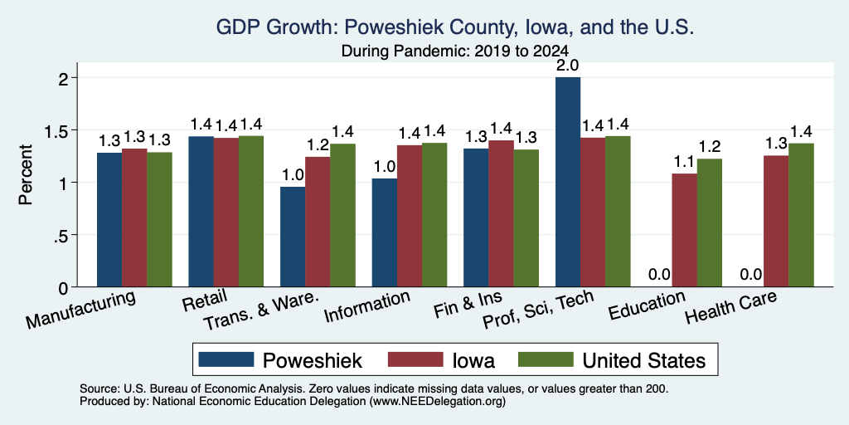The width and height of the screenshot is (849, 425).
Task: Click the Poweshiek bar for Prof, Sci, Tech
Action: pos(567,182)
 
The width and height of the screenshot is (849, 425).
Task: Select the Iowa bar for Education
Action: pos(684,230)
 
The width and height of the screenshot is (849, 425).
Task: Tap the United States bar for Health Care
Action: pos(802,215)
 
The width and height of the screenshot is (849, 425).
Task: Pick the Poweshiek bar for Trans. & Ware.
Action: pos(293,237)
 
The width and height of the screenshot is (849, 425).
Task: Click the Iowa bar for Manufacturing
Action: pos(134,217)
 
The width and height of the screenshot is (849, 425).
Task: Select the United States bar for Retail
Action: pos(251,211)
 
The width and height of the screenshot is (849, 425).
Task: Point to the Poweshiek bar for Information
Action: pos(385,232)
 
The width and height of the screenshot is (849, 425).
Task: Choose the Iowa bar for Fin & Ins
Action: pos(501,213)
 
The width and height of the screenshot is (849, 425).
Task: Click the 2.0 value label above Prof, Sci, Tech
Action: pos(567,66)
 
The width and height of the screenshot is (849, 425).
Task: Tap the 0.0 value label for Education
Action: pos(659,274)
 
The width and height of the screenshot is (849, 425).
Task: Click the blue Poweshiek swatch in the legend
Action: pos(226,359)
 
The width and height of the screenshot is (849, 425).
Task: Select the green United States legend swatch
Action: pos(546,359)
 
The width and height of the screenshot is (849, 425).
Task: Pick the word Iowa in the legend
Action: pos(473,360)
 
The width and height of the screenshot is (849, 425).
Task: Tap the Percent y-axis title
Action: pos(26,174)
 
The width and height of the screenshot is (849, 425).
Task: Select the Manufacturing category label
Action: pos(80,310)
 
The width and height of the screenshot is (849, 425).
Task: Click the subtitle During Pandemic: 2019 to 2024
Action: pos(455,51)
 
